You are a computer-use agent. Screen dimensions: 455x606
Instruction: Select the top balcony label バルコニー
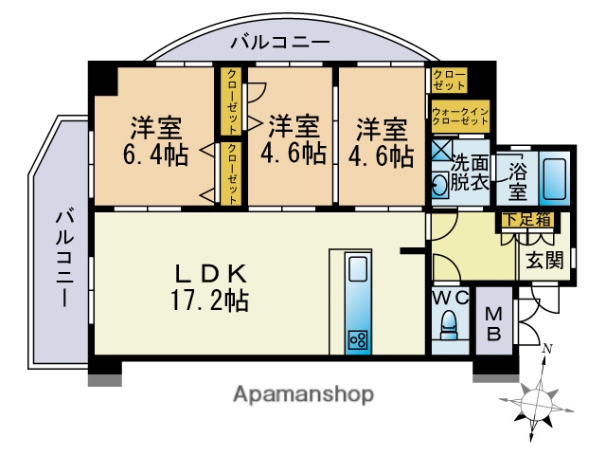[x=280, y=43]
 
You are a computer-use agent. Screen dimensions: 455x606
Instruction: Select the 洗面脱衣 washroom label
[x=469, y=173]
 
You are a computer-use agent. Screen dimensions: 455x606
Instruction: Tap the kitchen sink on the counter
[x=357, y=270]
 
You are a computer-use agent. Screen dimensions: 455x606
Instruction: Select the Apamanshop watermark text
[x=303, y=393]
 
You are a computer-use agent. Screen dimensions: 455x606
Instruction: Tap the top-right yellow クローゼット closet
[x=450, y=80]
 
